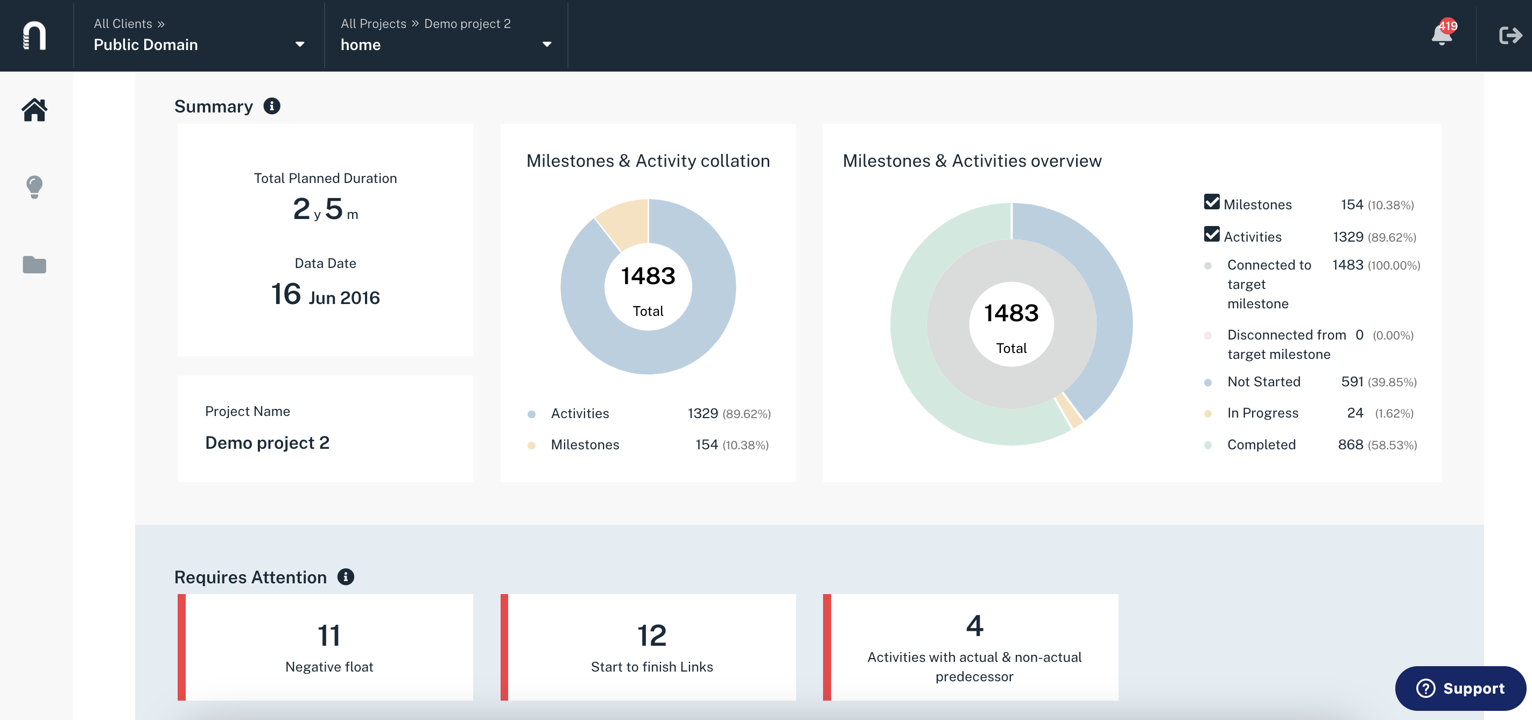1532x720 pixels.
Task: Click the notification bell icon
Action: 1442,35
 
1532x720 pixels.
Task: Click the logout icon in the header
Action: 1510,36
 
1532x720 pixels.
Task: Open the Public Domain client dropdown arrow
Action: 300,45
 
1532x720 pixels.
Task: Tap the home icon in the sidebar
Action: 34,110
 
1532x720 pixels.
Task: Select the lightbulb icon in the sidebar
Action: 34,187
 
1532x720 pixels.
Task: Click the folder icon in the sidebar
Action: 34,265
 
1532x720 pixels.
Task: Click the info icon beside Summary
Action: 272,106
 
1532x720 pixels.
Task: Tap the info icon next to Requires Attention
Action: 346,577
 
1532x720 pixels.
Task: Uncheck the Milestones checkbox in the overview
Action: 1212,202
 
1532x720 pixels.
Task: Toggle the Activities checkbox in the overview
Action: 1212,234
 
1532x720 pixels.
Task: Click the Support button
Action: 1460,688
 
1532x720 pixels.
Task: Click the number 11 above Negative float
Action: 329,635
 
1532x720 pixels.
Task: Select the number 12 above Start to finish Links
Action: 652,635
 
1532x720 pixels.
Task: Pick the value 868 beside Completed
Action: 1350,444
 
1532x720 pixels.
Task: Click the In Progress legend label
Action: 1263,413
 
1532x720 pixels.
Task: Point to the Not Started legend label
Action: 1264,382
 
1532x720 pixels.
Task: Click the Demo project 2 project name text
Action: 267,442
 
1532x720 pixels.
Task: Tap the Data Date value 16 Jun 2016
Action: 325,294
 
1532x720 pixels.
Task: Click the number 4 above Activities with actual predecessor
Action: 975,625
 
